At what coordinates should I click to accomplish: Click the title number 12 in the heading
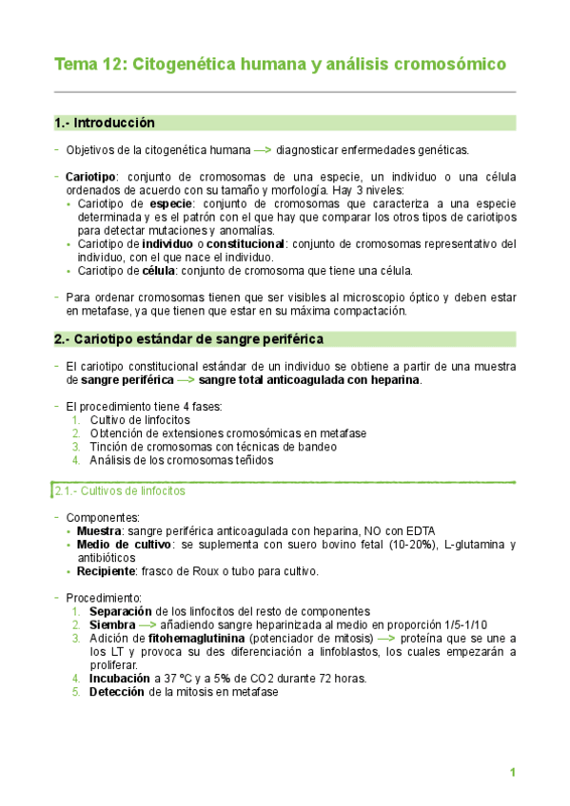coord(111,65)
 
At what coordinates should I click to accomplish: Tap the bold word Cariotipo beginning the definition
coord(90,177)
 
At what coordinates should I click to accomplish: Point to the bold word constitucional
coord(246,244)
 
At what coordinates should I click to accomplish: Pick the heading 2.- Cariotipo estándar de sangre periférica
coord(188,339)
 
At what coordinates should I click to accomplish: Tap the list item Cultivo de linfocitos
coord(140,420)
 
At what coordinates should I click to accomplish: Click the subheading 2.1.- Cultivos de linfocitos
coord(118,491)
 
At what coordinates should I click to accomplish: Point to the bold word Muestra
coord(99,530)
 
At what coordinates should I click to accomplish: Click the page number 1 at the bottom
coord(512,773)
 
